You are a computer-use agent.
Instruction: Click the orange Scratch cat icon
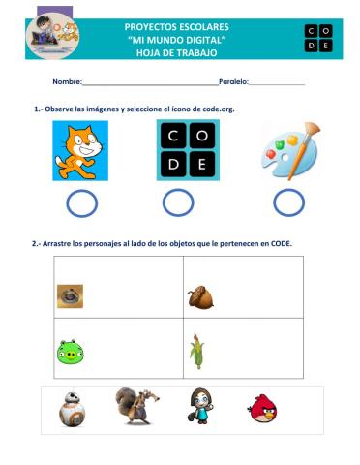pyautogui.click(x=80, y=151)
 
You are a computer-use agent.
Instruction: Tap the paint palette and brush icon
pyautogui.click(x=288, y=150)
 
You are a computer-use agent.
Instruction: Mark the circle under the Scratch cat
pyautogui.click(x=81, y=202)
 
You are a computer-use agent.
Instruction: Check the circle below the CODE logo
pyautogui.click(x=177, y=202)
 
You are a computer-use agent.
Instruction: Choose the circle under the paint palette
pyautogui.click(x=287, y=202)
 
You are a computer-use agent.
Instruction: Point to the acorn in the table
pyautogui.click(x=201, y=294)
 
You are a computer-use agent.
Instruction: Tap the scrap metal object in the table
pyautogui.click(x=70, y=295)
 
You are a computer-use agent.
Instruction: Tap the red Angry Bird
pyautogui.click(x=262, y=409)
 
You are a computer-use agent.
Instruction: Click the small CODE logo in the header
pyautogui.click(x=316, y=38)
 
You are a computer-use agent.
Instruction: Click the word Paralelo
pyautogui.click(x=233, y=83)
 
